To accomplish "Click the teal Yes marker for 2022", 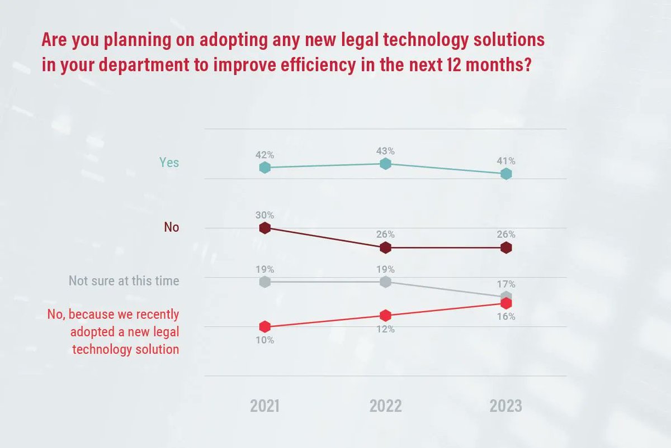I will [x=385, y=164].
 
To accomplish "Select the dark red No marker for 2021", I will [x=265, y=228].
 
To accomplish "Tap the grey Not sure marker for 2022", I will [x=385, y=282].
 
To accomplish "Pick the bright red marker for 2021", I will [x=265, y=326].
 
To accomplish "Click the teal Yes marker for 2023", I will [x=506, y=174].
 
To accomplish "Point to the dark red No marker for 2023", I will [x=506, y=247].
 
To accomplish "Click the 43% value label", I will [x=385, y=151].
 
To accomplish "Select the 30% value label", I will [x=265, y=215].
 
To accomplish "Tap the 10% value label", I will [x=265, y=340].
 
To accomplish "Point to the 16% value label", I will [x=506, y=317].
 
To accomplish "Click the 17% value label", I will [x=506, y=284].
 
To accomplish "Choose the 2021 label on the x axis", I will [x=265, y=406].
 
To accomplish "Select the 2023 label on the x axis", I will [x=505, y=406].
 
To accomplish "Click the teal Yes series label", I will [x=169, y=162].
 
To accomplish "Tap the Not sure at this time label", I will [x=124, y=280].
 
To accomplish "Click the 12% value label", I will [x=385, y=330].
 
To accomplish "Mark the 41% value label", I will [x=506, y=161].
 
